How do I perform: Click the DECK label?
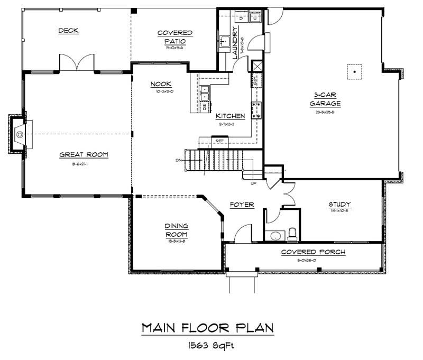pos(69,31)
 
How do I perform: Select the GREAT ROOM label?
pos(84,155)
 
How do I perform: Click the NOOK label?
pos(160,84)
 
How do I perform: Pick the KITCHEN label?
pos(229,116)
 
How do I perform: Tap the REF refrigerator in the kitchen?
pos(219,141)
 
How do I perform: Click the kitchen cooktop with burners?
pos(258,110)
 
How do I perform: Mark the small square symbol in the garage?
pos(354,71)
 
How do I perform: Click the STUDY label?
pos(339,205)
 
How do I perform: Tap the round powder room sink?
pos(274,235)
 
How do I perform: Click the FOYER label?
pos(242,205)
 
